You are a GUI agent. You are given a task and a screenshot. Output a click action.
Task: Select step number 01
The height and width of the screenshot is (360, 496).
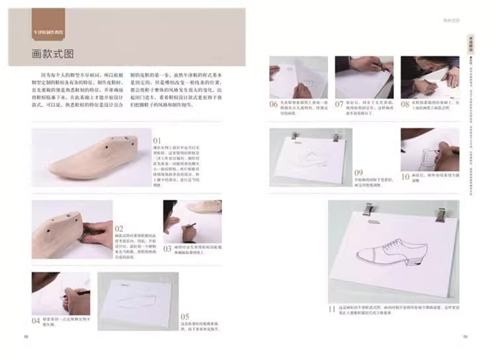coord(157,141)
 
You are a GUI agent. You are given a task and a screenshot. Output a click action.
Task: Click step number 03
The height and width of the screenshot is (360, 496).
coord(167,249)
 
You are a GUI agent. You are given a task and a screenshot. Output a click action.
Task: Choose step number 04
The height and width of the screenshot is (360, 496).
coord(36,320)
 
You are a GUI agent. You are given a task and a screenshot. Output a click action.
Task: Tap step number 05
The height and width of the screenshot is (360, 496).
coord(185,316)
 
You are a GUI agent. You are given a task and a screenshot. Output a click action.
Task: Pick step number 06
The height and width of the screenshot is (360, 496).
coord(273,104)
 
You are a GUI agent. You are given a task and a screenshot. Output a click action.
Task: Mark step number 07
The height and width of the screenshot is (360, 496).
coord(339,104)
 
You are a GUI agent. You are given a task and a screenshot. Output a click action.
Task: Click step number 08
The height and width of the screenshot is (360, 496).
coord(405,104)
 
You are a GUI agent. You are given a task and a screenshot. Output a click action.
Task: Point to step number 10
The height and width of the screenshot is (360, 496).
coord(405,177)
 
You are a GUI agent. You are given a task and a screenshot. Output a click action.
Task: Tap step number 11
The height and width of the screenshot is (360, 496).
coord(333,308)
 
